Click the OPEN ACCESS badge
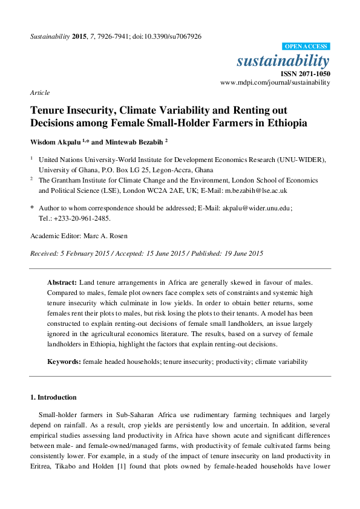point(306,47)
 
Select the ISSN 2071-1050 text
point(306,73)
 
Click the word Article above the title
point(40,92)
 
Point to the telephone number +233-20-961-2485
point(82,218)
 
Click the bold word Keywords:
point(64,361)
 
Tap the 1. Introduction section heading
point(53,397)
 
